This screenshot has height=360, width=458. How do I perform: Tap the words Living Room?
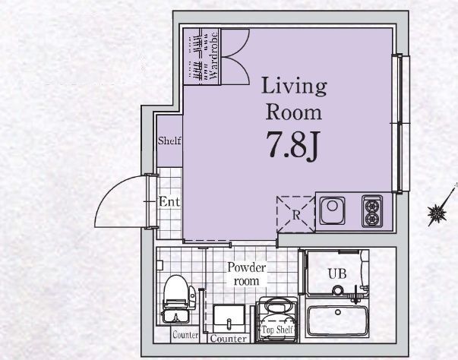point(294,99)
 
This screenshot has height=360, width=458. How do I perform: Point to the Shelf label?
point(169,141)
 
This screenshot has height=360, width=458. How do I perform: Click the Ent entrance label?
point(169,201)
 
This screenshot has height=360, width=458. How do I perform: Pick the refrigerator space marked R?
point(296,215)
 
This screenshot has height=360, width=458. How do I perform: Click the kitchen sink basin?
point(332,210)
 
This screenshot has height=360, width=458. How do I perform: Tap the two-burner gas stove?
point(372,211)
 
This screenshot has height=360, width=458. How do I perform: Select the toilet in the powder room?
point(178,299)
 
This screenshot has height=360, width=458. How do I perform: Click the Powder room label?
point(247,274)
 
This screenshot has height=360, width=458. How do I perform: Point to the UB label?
point(337,274)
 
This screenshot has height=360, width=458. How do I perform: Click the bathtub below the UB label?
point(338,321)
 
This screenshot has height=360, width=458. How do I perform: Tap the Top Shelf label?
point(277,330)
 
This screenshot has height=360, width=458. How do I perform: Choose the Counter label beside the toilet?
point(185,335)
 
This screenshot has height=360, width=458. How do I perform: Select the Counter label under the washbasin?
point(229,339)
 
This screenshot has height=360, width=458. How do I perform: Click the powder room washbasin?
point(229,317)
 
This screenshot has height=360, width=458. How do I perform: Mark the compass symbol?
point(437,212)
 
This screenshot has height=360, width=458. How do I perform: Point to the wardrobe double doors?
point(235,57)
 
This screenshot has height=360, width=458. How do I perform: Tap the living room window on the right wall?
point(400,124)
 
